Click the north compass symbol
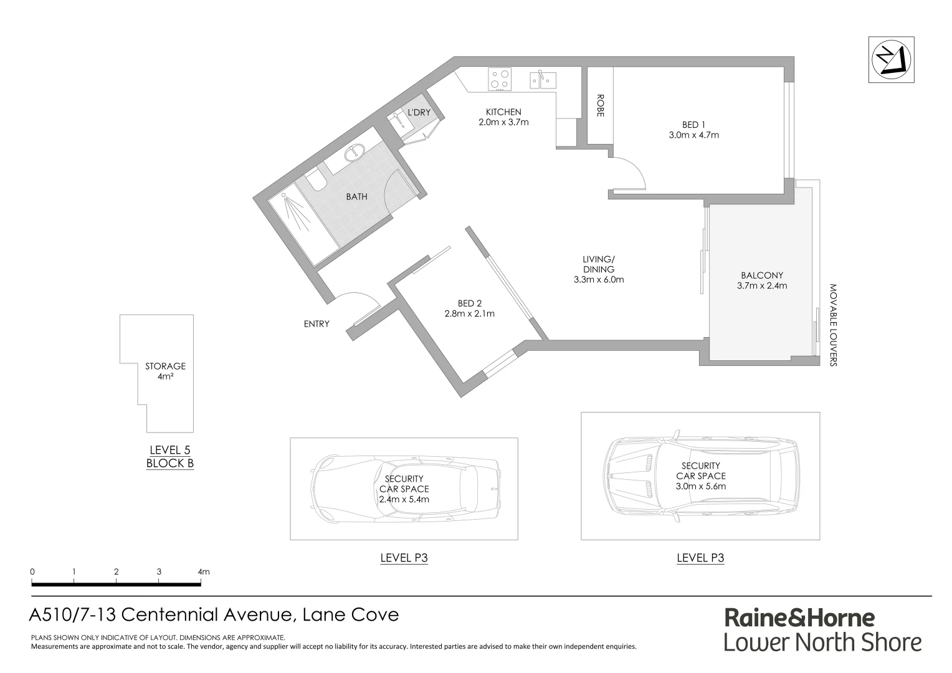tap(892, 60)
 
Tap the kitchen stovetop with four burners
tap(499, 79)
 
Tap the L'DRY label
tap(419, 112)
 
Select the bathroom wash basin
tap(355, 151)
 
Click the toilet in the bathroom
tap(315, 180)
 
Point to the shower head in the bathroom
tap(286, 197)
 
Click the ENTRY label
tap(317, 324)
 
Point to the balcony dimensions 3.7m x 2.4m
tap(762, 286)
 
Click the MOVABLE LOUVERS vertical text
tap(833, 325)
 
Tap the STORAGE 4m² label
tap(165, 371)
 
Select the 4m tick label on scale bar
tap(203, 571)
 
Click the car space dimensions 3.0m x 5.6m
tap(701, 486)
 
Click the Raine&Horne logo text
tap(799, 618)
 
